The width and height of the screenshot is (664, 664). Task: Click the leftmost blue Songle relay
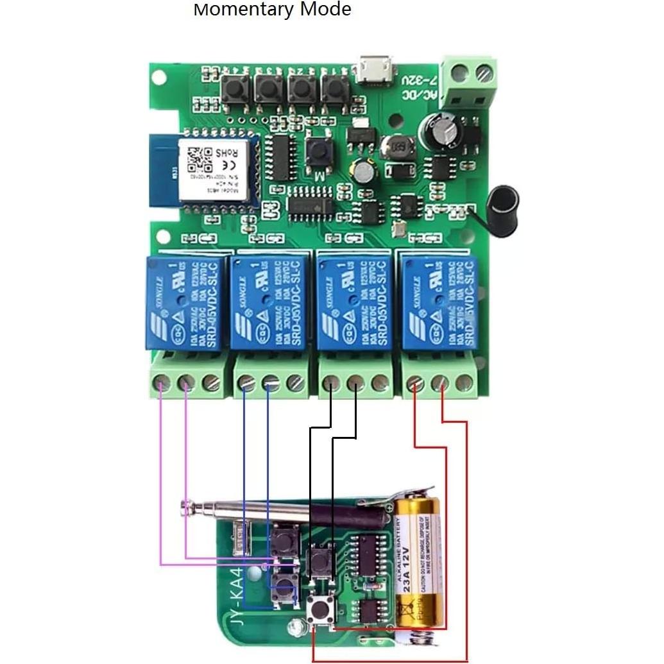click(x=185, y=302)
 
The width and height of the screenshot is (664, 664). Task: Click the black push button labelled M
click(x=317, y=151)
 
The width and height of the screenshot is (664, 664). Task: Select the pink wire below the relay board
click(x=160, y=488)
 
